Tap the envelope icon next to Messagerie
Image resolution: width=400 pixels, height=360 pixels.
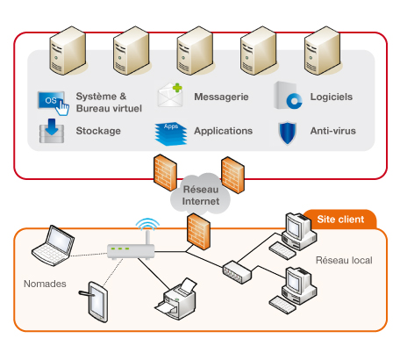[x=170, y=95]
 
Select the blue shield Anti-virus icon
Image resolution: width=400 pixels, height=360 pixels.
[x=288, y=133]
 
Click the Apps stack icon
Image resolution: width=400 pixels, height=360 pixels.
[x=171, y=133]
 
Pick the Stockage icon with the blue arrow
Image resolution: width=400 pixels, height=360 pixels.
[x=52, y=131]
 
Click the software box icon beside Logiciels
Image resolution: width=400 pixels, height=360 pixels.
[x=288, y=96]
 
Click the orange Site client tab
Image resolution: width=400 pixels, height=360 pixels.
[x=340, y=220]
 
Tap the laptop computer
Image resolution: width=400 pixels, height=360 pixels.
[x=53, y=246]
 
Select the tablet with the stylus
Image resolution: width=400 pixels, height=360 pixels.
[x=95, y=302]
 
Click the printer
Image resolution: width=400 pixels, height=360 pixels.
[x=176, y=299]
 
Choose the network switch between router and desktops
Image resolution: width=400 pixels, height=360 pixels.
[x=237, y=272]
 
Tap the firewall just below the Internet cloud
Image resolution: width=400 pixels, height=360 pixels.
[x=198, y=232]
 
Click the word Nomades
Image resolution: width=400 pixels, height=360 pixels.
[x=45, y=284]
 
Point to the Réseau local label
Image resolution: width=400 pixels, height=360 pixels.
[x=344, y=260]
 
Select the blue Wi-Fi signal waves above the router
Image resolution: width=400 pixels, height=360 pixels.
[x=147, y=224]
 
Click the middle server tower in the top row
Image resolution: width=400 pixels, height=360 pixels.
[x=195, y=51]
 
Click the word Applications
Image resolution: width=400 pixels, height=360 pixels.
[x=224, y=131]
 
